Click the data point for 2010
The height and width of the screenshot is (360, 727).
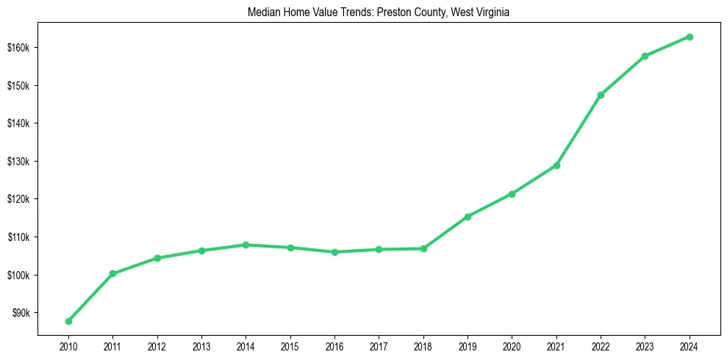point(68,321)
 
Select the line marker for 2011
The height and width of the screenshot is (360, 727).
point(112,273)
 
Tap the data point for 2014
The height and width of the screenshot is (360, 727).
point(246,245)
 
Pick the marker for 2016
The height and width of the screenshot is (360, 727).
point(334,252)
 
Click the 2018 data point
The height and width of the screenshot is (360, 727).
point(423,248)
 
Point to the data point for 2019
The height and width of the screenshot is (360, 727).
point(468,217)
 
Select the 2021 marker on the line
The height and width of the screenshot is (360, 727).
point(556,165)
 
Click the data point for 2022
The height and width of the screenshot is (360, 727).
point(601,95)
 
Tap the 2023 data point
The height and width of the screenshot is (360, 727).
point(645,56)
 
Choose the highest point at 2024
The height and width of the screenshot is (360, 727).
point(690,37)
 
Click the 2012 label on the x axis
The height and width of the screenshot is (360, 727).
point(157,345)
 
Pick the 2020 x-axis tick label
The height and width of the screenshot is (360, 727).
point(512,345)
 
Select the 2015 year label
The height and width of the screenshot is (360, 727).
point(290,345)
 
